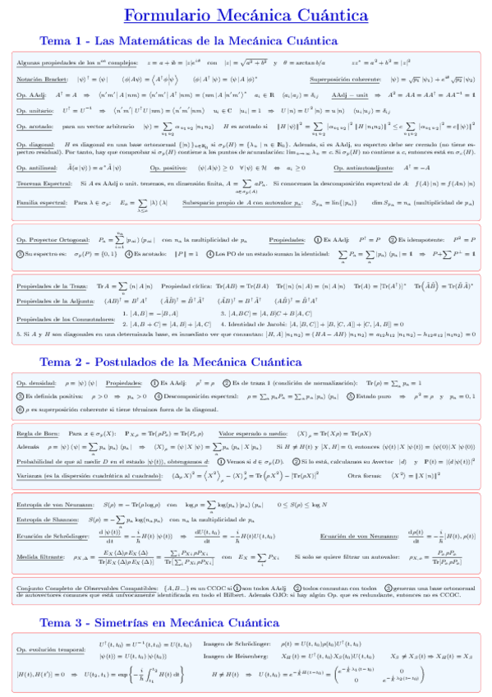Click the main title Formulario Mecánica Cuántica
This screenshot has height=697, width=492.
pyautogui.click(x=246, y=16)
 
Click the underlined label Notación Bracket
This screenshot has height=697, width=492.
pyautogui.click(x=40, y=80)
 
